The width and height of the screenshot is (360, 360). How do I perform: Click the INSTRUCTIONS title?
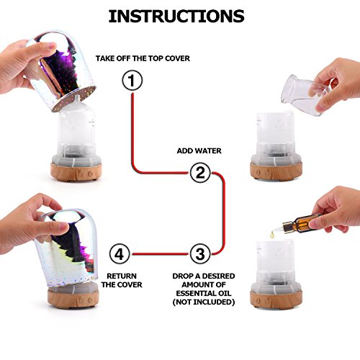[x=176, y=17]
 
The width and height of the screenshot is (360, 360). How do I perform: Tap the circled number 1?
[x=132, y=80]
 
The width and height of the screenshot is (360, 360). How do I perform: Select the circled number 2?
[x=200, y=173]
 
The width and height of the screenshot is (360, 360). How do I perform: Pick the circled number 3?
[x=200, y=254]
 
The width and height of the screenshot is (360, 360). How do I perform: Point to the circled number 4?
[x=120, y=254]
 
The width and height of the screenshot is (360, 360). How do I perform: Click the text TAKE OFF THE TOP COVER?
[x=143, y=58]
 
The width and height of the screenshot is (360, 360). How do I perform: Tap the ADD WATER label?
[x=199, y=150]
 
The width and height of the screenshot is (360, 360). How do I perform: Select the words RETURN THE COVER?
[x=122, y=280]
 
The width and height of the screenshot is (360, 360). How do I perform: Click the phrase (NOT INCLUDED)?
[x=204, y=302]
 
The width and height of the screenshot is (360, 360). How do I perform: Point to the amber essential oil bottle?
[x=301, y=223]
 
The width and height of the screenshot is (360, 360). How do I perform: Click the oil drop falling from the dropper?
[x=272, y=235]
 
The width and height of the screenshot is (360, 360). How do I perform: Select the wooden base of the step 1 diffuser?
[x=76, y=172]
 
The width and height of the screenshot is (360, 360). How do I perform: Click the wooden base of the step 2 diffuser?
[x=276, y=171]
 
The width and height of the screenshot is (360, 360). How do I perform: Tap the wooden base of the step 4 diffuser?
[x=73, y=299]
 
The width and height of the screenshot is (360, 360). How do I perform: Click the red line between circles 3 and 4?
[x=160, y=254]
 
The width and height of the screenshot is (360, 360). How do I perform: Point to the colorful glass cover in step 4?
[x=66, y=248]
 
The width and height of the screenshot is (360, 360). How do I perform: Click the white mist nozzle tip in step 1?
[x=76, y=98]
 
